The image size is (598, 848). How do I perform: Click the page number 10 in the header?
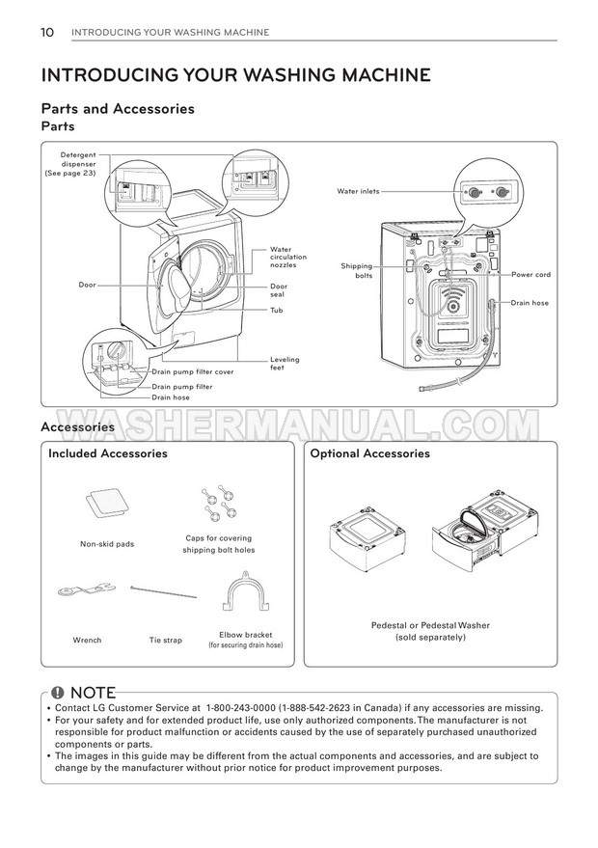[47, 33]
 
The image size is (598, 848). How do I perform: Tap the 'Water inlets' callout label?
[358, 191]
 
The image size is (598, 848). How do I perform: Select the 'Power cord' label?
[530, 274]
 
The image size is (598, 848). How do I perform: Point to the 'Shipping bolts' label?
[357, 270]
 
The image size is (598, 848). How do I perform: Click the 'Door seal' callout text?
[279, 289]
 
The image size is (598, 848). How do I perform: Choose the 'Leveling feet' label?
[285, 363]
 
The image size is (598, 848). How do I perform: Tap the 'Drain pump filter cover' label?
[193, 371]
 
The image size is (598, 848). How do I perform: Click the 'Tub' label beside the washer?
[276, 310]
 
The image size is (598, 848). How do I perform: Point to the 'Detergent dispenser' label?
[70, 164]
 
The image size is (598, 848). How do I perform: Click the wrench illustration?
[86, 590]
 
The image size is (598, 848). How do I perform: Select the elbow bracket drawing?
[246, 592]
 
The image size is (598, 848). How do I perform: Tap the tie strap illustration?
[163, 591]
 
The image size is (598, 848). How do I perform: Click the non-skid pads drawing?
[107, 504]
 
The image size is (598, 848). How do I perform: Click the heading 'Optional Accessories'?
[369, 453]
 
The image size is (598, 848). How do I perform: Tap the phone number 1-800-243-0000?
[240, 708]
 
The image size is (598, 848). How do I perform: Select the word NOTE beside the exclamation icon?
[93, 693]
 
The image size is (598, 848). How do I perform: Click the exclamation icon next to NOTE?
[58, 693]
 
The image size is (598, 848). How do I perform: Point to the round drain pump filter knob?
[115, 351]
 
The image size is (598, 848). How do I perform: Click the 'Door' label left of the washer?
[87, 285]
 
